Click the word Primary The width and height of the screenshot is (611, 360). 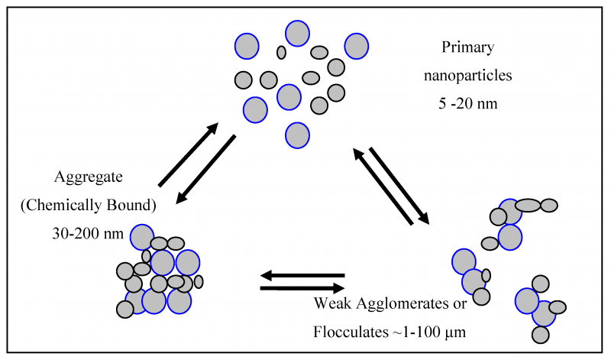(x=467, y=47)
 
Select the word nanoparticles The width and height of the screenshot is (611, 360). (x=467, y=76)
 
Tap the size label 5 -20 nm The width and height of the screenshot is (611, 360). (x=467, y=104)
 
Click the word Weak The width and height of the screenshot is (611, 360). (x=332, y=303)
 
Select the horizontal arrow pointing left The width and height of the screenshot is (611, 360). (x=302, y=275)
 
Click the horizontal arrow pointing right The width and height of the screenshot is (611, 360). (x=302, y=288)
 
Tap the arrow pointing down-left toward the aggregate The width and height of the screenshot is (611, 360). (x=205, y=170)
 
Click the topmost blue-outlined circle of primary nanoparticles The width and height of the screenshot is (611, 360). (x=297, y=33)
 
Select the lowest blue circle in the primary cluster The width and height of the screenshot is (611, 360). (x=297, y=135)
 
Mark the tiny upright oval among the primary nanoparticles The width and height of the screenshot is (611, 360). (x=281, y=52)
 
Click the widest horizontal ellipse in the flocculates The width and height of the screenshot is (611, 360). (x=528, y=205)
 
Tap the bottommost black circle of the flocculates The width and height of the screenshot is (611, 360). (x=541, y=334)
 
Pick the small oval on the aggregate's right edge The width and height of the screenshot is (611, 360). (x=199, y=281)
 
